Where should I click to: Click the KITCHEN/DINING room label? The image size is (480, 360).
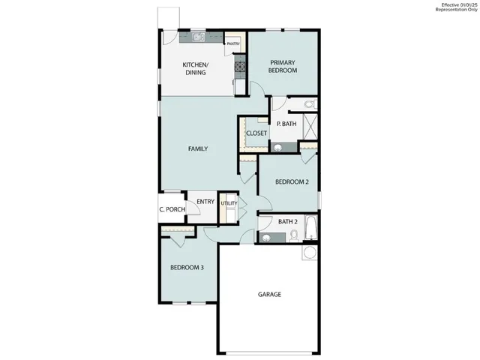point(196,69)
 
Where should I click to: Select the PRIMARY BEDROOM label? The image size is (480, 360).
point(283,65)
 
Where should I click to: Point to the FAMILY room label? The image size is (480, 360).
point(197,148)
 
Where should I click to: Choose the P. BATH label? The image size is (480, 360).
point(284,124)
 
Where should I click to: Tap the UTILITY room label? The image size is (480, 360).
point(229,203)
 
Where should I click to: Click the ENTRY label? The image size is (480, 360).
point(205,201)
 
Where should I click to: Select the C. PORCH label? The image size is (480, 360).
point(172,209)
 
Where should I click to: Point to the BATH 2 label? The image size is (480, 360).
point(288,221)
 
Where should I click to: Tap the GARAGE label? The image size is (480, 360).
point(269,295)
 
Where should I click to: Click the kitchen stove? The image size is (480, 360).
point(241,67)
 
